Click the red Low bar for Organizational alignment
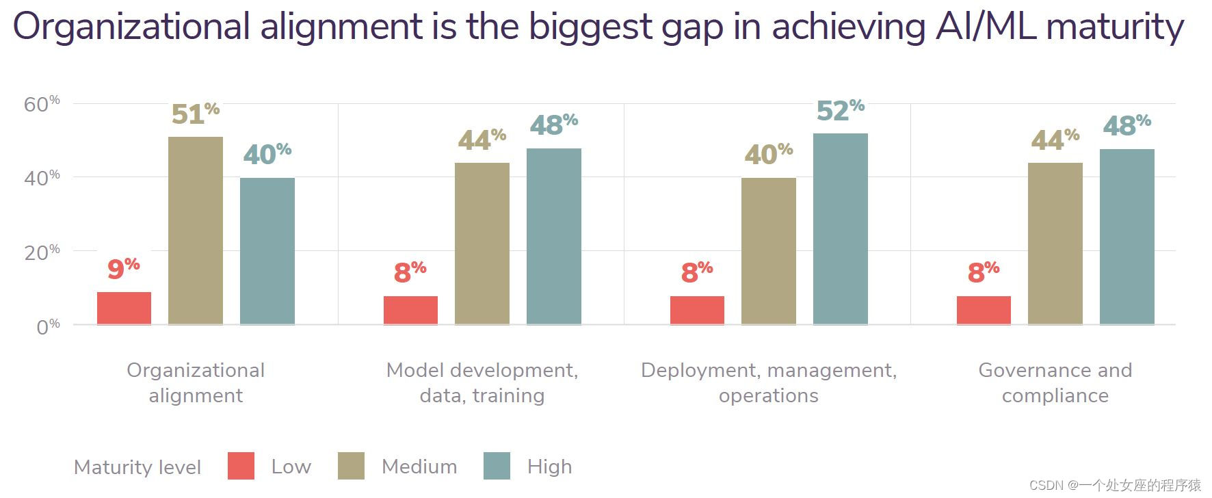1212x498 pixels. [124, 308]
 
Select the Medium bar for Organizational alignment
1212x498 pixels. [196, 231]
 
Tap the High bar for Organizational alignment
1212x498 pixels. [267, 251]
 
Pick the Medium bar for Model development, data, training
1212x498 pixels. [482, 244]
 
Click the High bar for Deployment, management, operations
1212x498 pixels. [841, 228]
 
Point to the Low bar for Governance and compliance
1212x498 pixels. [984, 310]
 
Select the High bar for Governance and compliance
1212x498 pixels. [1127, 237]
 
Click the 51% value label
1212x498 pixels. [196, 114]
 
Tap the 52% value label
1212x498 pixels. [841, 110]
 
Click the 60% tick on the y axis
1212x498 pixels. [42, 104]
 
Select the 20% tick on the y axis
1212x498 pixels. [42, 252]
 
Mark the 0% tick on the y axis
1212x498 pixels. [48, 326]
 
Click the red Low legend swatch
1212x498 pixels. [241, 466]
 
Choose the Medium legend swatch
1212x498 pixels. [351, 466]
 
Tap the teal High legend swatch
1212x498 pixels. [497, 466]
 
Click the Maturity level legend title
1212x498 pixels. [137, 467]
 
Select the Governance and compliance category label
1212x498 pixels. [1055, 382]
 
